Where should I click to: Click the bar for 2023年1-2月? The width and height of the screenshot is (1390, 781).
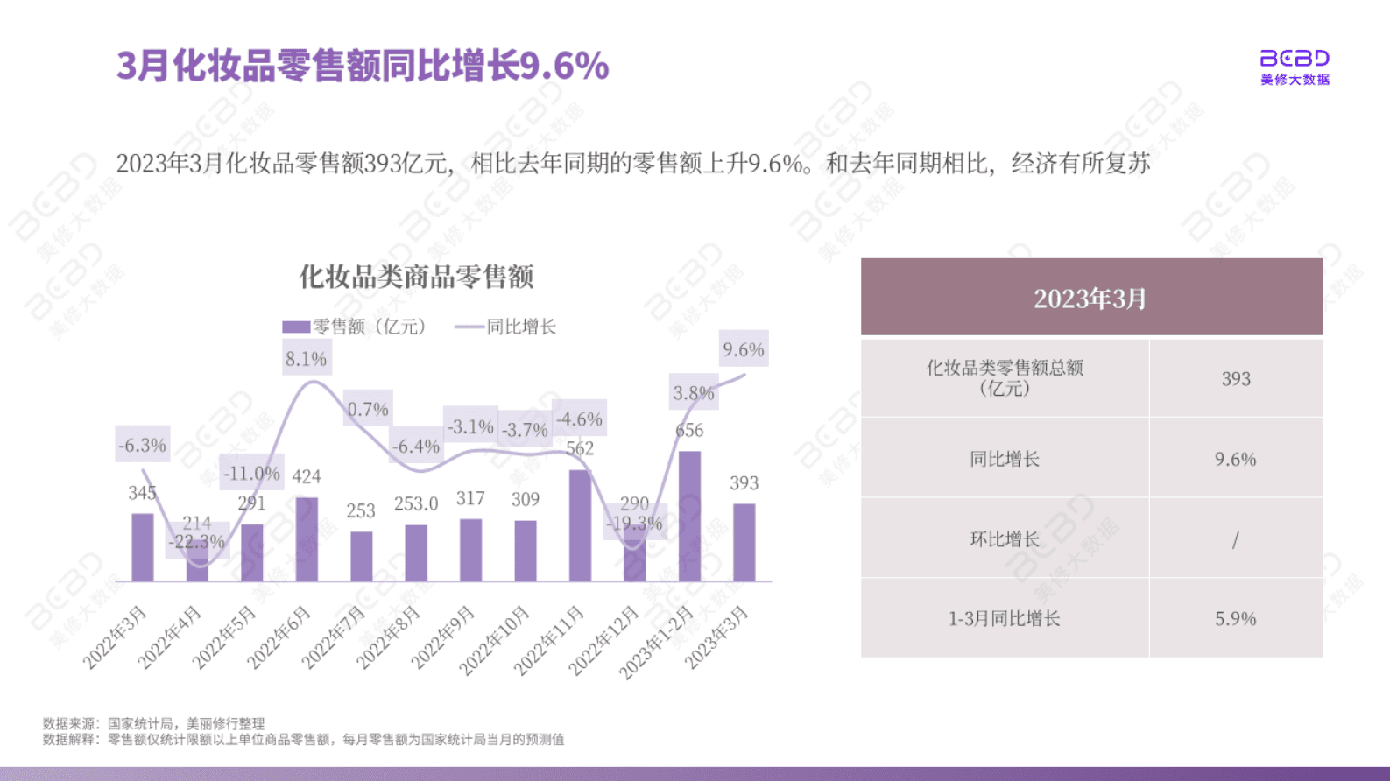(689, 517)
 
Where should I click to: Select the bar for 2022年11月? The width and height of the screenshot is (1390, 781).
(580, 525)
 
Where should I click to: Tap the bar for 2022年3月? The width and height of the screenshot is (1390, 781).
(143, 547)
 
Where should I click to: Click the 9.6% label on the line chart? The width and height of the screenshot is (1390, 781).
(744, 349)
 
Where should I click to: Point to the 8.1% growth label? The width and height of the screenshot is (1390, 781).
(306, 359)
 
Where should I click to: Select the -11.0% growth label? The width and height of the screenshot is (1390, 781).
(251, 474)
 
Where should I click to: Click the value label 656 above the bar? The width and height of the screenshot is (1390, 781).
(689, 430)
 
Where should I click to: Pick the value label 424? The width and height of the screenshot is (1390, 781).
(307, 476)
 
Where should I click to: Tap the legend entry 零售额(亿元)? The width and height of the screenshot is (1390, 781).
(354, 327)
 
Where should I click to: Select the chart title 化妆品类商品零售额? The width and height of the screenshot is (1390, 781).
(416, 277)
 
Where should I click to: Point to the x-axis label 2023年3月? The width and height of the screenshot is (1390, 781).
(716, 637)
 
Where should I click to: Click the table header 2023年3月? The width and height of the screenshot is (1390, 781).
(1090, 298)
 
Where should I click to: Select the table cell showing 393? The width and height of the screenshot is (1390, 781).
(1236, 379)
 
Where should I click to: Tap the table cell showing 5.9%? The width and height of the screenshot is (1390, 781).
(1235, 618)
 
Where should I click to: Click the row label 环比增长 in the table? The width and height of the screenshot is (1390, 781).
(1004, 538)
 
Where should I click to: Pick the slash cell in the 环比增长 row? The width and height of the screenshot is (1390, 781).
(1235, 539)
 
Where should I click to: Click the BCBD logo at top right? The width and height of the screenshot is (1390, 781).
(1295, 67)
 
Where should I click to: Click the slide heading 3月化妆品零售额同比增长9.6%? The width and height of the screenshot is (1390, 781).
(363, 66)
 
